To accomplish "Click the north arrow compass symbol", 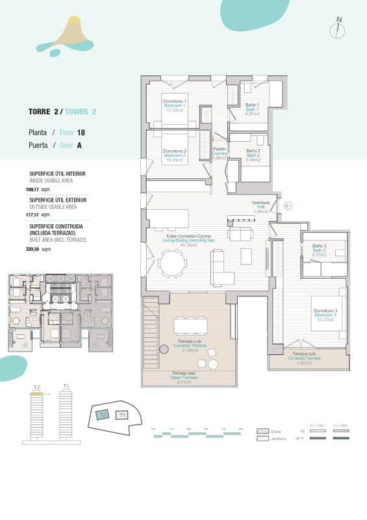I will pos(338,28).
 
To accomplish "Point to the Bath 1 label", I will pos(253,109).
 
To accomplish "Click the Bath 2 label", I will pos(253,155).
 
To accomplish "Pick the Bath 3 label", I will pos(318,250).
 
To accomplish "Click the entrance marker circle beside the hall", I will pos(288,206).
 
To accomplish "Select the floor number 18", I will pos(81,132).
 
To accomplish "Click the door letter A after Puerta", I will pos(79,146).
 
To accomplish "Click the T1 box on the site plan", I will pos(122,414).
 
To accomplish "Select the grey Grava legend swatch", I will pos(262,431).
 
